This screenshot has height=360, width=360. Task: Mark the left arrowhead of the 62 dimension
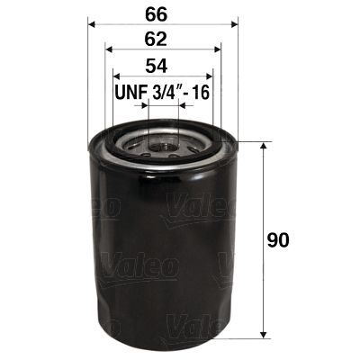[108, 50]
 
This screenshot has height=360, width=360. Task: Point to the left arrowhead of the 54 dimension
[115, 76]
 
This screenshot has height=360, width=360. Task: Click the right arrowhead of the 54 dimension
[210, 76]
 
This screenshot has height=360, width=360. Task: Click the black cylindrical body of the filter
[162, 252]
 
